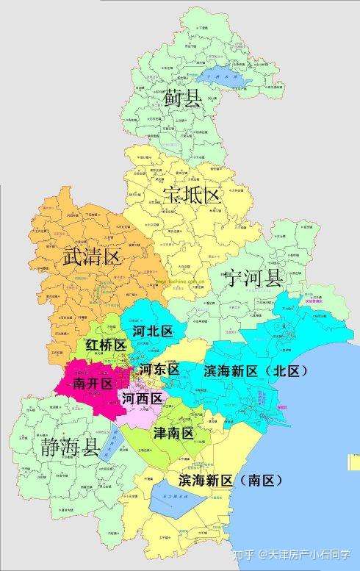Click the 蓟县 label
tap(181, 98)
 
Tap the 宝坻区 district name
tap(192, 195)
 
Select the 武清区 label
tap(90, 256)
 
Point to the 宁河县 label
tap(253, 279)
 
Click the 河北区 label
tap(153, 331)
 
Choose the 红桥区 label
tap(106, 345)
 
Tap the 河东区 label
tap(159, 369)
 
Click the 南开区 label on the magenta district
tap(92, 384)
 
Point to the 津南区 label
tap(173, 434)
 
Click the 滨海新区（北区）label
tap(255, 370)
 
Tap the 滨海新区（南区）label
tap(230, 481)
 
